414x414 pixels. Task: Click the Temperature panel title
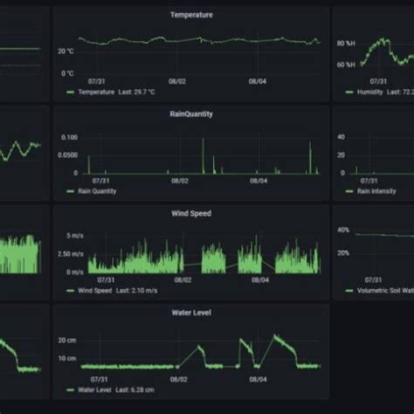190,15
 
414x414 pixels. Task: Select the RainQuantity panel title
190,114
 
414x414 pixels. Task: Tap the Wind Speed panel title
190,213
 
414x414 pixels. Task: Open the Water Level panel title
190,312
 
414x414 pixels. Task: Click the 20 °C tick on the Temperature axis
66,51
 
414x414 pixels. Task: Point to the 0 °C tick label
68,73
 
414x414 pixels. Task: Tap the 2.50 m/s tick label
70,253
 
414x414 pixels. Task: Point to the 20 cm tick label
67,339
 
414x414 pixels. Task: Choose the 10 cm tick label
67,358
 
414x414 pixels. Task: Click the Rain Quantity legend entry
97,191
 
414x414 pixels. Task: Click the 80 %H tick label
347,43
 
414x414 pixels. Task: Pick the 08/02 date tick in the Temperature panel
177,82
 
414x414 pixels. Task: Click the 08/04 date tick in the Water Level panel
258,379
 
